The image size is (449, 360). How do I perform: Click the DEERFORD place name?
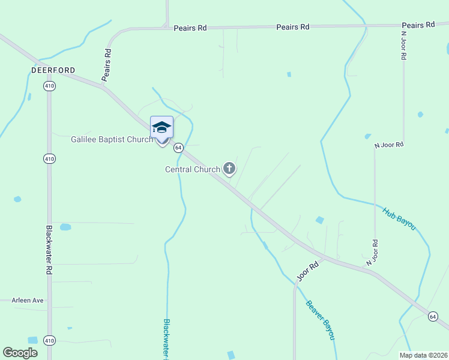(x=53, y=70)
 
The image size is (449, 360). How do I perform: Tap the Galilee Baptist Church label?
(x=112, y=139)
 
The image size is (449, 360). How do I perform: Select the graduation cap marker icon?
(x=161, y=128)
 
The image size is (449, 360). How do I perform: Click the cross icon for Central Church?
(x=229, y=169)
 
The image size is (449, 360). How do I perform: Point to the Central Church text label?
(x=193, y=169)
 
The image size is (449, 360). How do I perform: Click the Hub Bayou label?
(x=399, y=218)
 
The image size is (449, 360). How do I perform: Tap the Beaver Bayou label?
(x=320, y=319)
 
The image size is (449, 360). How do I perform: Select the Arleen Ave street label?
(x=28, y=300)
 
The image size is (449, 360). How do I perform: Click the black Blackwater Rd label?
(x=49, y=250)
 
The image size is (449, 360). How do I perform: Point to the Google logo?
(x=20, y=353)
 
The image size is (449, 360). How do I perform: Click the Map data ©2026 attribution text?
(x=423, y=355)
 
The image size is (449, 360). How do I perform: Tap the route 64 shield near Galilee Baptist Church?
(x=178, y=147)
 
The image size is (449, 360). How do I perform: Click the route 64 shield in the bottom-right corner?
(x=433, y=316)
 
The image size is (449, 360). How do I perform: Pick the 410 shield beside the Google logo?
(x=49, y=341)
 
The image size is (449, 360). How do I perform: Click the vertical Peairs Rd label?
(x=107, y=65)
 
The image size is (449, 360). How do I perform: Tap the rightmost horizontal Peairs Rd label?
(x=418, y=25)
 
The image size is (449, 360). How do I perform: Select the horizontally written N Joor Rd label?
(x=389, y=145)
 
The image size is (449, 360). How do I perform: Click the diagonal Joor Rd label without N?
(x=307, y=272)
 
